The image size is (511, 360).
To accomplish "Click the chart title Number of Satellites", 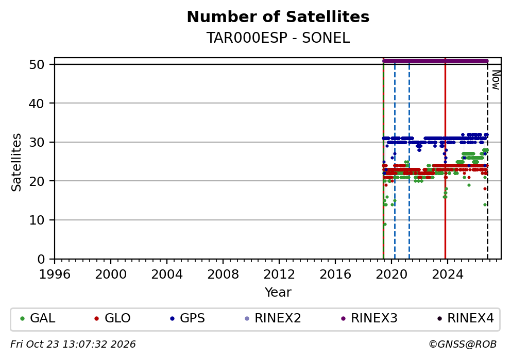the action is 278,17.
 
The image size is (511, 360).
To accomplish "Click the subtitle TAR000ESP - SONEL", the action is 278,38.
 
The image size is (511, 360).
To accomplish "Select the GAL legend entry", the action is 38,318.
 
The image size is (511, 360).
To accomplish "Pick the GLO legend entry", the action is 112,318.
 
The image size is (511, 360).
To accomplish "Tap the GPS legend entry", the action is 188,318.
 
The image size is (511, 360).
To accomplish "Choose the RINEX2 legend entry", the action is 273,318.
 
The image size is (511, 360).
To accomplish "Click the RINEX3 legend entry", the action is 369,318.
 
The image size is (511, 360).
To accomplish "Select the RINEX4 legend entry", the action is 465,318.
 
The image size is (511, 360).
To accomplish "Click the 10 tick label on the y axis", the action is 37,220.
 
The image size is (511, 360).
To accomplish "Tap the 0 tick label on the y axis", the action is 41,260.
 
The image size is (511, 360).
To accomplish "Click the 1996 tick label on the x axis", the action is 55,275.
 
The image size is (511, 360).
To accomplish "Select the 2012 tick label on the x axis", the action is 279,275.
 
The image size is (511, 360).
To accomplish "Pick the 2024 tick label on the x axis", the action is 448,275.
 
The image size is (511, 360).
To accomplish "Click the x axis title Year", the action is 278,292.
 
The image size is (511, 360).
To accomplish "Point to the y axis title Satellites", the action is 16,162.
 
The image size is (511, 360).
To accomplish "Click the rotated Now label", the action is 496,80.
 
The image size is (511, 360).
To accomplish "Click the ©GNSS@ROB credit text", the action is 463,345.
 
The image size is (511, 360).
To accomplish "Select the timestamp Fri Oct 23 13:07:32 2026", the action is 73,345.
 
